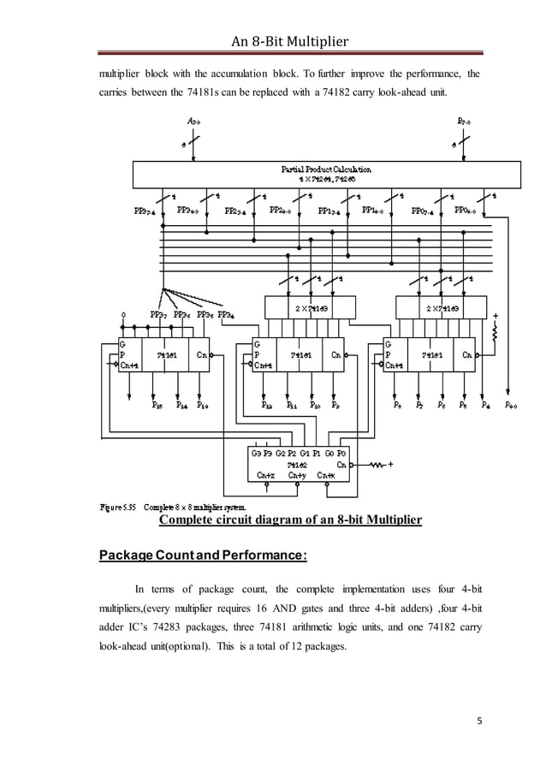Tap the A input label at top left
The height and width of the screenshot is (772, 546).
tap(194, 122)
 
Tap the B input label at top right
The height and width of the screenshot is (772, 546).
tap(462, 122)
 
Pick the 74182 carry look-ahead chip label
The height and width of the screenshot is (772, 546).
tap(296, 464)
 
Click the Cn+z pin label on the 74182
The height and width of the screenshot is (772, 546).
tap(266, 475)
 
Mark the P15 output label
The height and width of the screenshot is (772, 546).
tap(157, 406)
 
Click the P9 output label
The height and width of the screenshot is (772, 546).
tap(336, 406)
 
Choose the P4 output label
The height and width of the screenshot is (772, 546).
tap(486, 406)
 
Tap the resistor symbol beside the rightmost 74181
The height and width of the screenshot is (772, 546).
tap(495, 341)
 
